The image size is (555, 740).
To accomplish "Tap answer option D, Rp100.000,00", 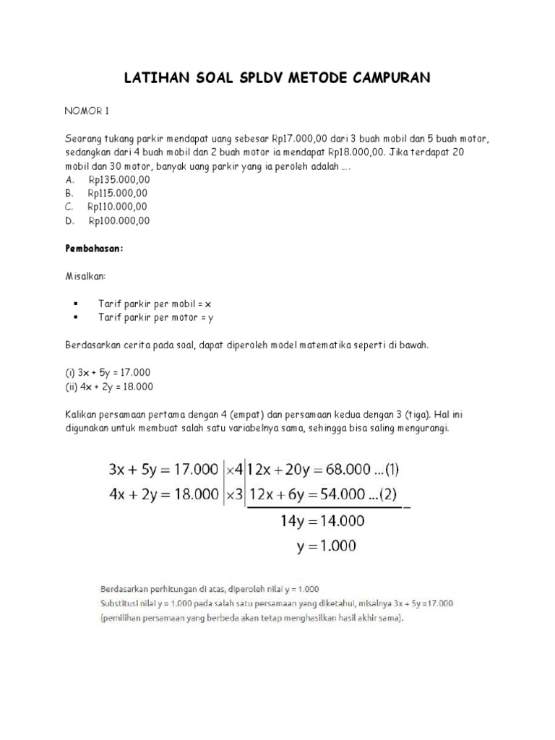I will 118,221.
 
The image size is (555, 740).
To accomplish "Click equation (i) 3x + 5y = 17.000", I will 108,372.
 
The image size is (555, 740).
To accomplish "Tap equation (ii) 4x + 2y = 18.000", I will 109,386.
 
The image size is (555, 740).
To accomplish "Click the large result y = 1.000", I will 326,546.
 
